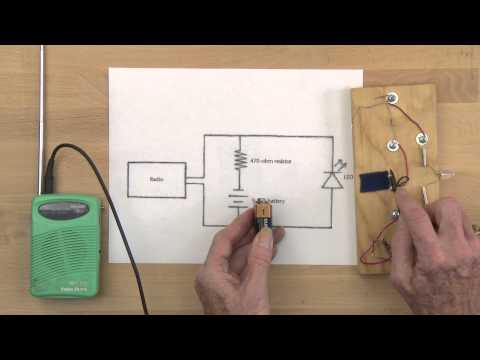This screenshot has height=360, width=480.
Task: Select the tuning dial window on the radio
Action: [70, 208]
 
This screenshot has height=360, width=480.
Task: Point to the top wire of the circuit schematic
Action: [270, 135]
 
